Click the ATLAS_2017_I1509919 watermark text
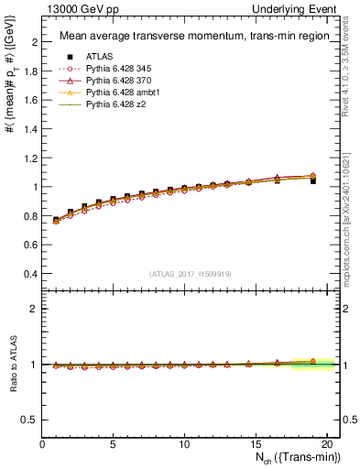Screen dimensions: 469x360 (191, 274)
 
